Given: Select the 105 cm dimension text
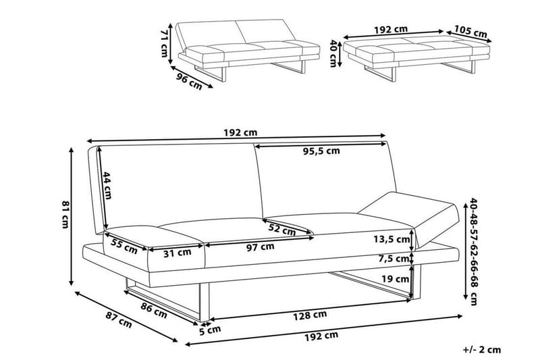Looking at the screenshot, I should (470, 31).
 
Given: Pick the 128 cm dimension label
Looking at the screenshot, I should (311, 314).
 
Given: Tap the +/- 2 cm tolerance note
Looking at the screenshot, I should (482, 350).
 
